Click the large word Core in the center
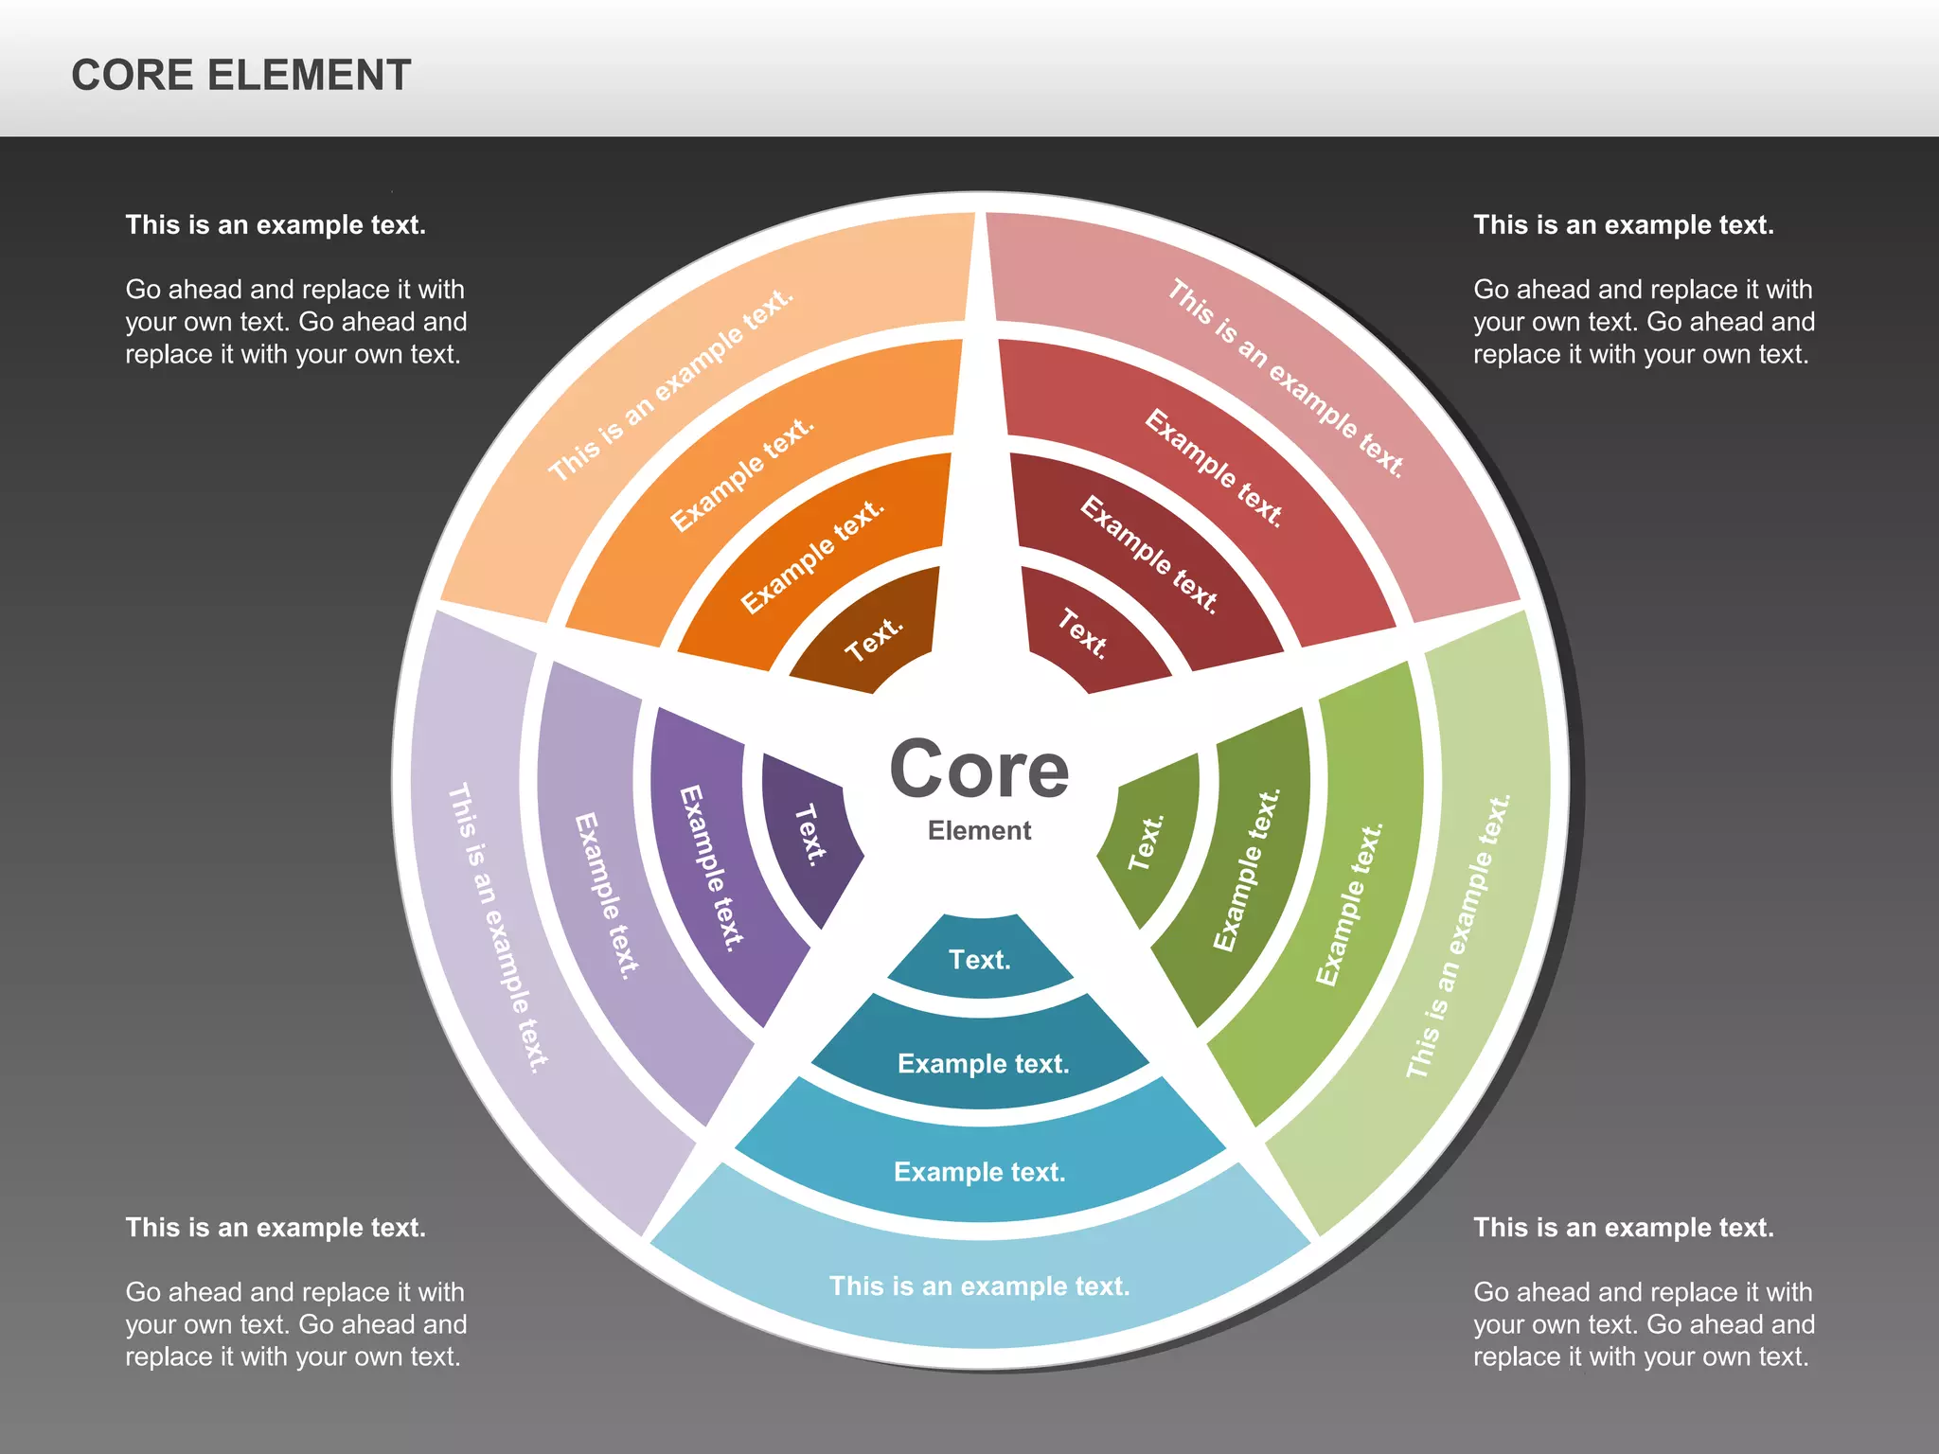tap(979, 770)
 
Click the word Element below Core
tap(979, 831)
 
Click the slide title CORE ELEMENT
tap(240, 76)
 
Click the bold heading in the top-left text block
tap(276, 225)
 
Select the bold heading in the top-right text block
tap(1623, 225)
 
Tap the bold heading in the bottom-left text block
tap(276, 1228)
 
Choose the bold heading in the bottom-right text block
tap(1623, 1228)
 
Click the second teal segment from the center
tap(983, 1064)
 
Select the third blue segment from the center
tap(980, 1172)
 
